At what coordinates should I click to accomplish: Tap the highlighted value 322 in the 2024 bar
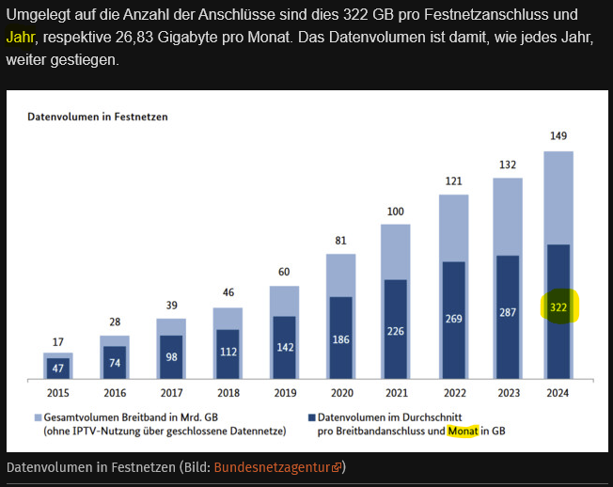559,307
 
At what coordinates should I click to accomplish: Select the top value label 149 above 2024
559,136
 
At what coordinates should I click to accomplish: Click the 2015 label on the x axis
57,393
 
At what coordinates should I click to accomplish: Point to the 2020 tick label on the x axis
340,393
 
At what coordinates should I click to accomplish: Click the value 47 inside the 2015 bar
57,368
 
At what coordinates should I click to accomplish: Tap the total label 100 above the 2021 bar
396,211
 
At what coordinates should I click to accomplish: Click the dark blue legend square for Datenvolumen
310,416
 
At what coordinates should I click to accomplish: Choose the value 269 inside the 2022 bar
453,318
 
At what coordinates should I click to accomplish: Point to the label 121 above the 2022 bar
453,181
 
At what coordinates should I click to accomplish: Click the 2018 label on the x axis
227,393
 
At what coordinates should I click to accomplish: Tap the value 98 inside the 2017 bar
170,355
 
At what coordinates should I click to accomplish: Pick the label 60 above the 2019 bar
283,273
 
